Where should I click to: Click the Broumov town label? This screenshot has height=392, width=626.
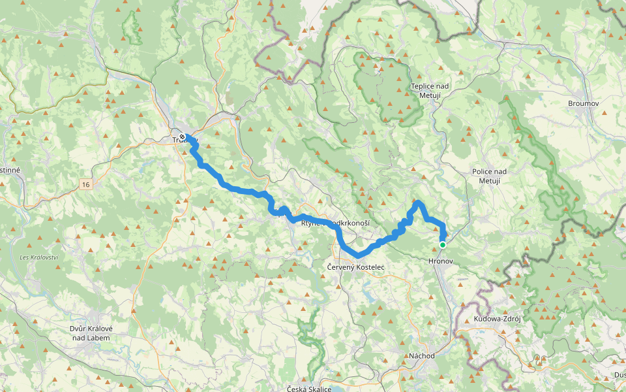point(583,104)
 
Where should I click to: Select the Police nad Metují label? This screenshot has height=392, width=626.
point(489,176)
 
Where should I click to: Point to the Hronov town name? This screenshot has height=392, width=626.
point(440,261)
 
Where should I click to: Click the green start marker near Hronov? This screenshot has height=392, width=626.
point(443,245)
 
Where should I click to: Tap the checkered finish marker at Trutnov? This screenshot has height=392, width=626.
point(182,137)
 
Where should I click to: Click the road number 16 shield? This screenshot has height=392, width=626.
point(86,185)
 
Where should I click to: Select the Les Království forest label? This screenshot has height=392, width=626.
point(39,257)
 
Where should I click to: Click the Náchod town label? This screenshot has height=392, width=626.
point(421,356)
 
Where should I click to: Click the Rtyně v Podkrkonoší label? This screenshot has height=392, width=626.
point(335,223)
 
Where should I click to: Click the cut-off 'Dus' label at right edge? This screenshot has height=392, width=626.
point(619,375)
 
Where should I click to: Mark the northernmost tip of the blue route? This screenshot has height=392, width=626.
point(417,203)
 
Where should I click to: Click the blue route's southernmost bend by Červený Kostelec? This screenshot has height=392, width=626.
point(358,255)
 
